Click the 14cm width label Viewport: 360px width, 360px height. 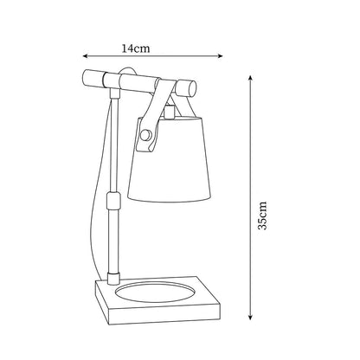click(136, 48)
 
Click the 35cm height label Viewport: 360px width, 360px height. click(262, 215)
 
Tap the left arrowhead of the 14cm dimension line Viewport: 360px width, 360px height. click(85, 56)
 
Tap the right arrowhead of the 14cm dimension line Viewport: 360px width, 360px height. click(221, 56)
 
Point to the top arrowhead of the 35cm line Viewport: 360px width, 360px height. click(251, 78)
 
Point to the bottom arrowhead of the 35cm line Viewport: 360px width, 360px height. click(251, 317)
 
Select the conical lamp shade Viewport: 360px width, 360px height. click(170, 158)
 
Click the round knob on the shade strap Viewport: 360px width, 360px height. click(145, 134)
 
